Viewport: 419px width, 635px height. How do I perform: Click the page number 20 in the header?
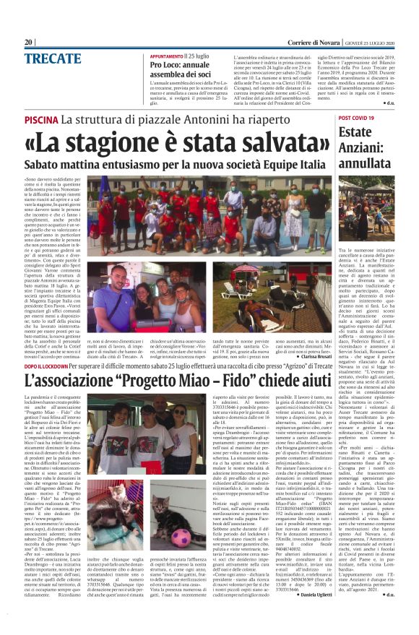(29, 42)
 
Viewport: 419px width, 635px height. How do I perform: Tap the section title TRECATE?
(53, 59)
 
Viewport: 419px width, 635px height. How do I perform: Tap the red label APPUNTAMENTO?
(167, 56)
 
